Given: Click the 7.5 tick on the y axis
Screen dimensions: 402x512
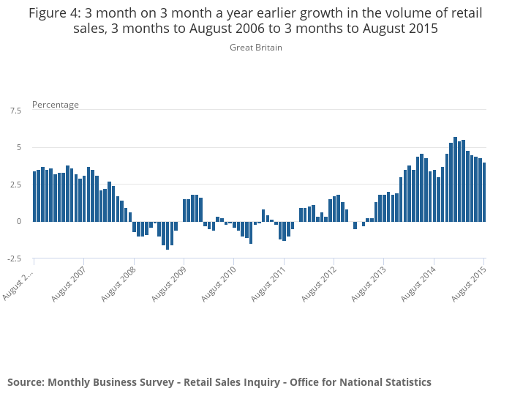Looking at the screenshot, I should pos(15,111).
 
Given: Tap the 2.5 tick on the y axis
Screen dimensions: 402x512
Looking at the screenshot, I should pos(15,185).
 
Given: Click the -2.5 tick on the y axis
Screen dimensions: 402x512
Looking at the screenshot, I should pos(14,258).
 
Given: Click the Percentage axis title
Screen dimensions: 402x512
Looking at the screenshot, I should pos(56,105).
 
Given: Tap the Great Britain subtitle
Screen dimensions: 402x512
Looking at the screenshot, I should pos(256,48).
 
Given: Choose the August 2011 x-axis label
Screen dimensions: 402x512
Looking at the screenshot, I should pos(267,285).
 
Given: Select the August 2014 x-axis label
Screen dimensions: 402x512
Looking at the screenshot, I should pos(417,285).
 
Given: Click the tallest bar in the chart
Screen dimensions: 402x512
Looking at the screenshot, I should pos(455,179).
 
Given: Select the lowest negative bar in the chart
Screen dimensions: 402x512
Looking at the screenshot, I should pos(167,235).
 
